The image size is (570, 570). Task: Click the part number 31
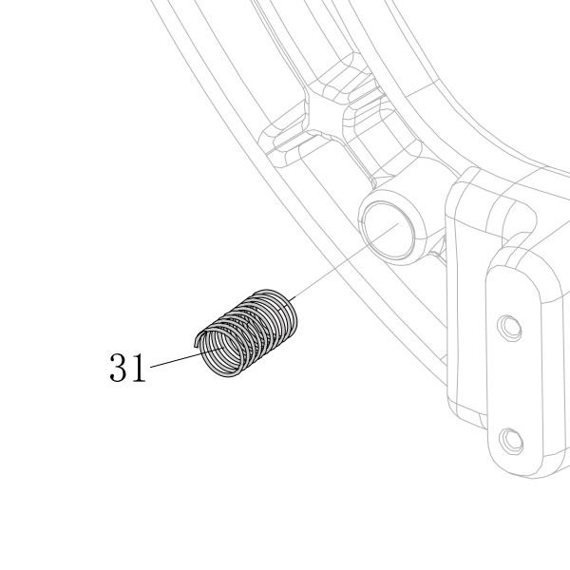(x=127, y=368)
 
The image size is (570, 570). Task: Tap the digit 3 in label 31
(x=119, y=368)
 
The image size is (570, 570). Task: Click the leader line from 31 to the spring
(x=186, y=357)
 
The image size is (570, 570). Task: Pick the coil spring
(x=246, y=332)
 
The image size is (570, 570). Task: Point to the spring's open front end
(x=221, y=352)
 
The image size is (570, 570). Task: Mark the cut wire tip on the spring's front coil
(x=197, y=343)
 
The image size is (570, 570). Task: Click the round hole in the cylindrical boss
(x=389, y=231)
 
